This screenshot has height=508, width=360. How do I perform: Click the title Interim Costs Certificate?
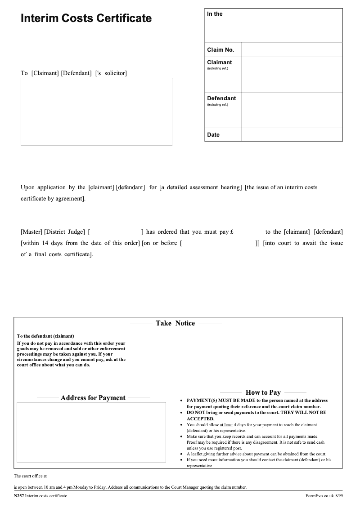tap(86, 18)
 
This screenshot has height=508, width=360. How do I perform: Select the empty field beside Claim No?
tap(292, 50)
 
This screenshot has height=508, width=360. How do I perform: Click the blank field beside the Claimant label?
tap(292, 74)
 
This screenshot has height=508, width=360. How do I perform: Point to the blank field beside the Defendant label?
tap(292, 110)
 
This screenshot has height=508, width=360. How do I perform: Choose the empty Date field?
tap(292, 135)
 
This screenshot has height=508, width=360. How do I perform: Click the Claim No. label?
tap(220, 50)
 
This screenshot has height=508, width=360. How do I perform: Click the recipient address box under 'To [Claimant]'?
tap(96, 111)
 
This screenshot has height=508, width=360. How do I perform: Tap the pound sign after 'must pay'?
tap(231, 232)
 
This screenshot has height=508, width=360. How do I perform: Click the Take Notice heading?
tap(175, 323)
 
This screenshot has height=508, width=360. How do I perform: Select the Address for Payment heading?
tap(93, 398)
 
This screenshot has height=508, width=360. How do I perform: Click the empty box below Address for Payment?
tap(91, 432)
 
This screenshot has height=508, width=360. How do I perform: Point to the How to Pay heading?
tap(263, 392)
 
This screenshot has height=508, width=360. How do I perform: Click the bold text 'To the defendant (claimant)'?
tap(45, 336)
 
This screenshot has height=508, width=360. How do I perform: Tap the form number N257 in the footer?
tap(19, 496)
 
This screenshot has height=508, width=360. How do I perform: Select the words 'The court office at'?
tap(30, 476)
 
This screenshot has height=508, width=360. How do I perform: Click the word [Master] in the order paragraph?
tap(31, 232)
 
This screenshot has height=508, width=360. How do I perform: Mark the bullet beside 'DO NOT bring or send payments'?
tap(181, 412)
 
